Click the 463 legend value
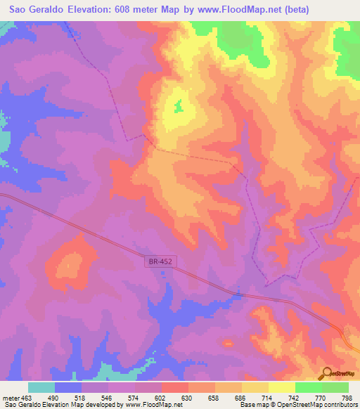26,397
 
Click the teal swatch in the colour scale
41,387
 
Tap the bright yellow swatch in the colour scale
281,387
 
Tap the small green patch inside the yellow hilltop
178,107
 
